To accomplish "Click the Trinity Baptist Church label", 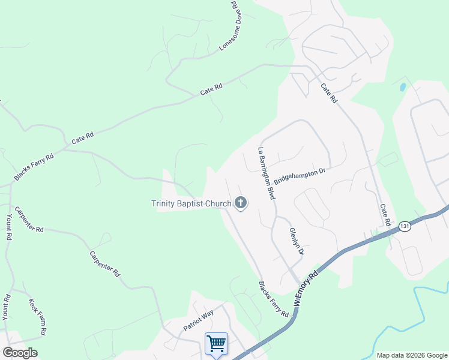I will (191, 204).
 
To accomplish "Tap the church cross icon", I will (241, 203).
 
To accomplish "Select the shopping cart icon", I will (216, 344).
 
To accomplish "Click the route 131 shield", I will (406, 226).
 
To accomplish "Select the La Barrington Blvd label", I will (266, 173).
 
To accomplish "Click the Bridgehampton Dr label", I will (299, 176).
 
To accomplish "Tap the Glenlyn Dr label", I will (296, 241).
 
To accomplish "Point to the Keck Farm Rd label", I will (38, 316).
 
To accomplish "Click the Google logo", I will (20, 353).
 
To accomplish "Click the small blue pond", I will (403, 87).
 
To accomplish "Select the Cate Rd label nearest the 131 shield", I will (385, 215).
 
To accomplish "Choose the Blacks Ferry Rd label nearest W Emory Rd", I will (273, 299).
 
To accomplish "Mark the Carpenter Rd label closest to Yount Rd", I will (29, 219).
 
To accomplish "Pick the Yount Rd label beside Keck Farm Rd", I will (7, 306).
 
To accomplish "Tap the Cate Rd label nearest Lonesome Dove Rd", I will (211, 90).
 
